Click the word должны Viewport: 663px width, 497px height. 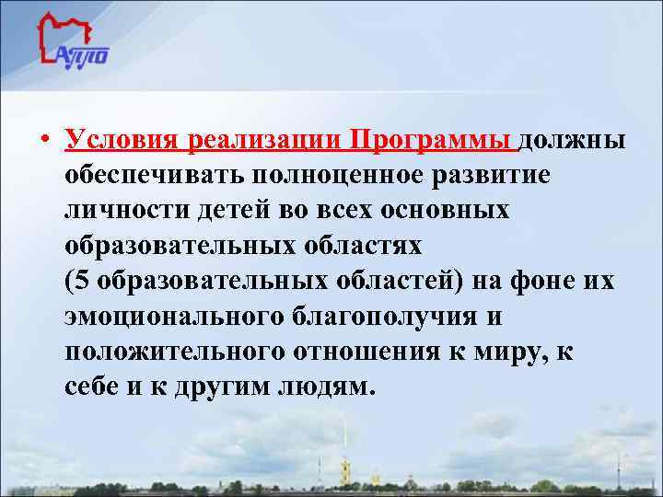(574, 141)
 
